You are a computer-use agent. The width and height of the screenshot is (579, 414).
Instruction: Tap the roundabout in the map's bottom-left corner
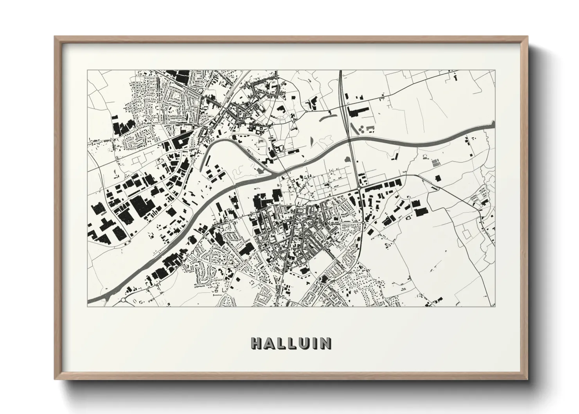124,300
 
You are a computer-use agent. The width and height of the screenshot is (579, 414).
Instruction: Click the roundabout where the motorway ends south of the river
359,189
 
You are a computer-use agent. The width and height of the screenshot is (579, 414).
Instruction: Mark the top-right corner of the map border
495,70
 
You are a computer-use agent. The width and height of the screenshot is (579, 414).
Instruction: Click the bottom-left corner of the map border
88,306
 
